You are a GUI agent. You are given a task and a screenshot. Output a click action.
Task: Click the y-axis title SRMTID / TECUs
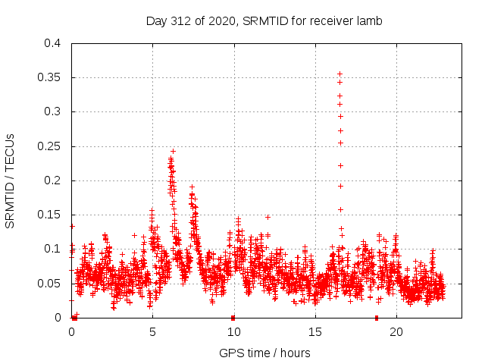coord(10,180)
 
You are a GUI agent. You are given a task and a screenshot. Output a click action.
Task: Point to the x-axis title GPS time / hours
coord(264,353)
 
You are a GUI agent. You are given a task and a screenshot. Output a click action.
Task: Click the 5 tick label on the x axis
coord(152,332)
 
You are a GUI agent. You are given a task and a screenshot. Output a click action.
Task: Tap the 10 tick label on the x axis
coord(233,332)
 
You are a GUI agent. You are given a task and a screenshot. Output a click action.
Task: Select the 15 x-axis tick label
coord(314,332)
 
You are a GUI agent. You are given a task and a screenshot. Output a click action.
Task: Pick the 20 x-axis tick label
coord(396,332)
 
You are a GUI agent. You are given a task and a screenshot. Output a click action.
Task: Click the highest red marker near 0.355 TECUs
coord(340,74)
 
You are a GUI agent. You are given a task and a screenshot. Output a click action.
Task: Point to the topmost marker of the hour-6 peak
coord(173,151)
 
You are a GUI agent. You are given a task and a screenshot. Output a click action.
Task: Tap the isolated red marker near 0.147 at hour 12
coord(268,217)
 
